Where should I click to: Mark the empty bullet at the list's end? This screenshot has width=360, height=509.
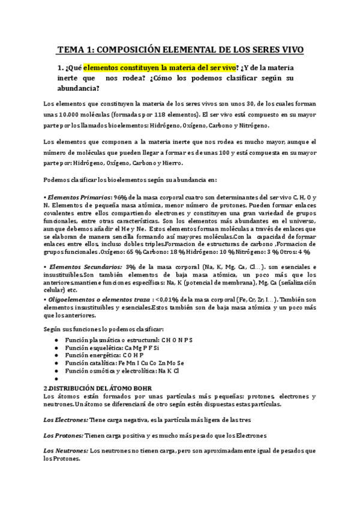pos(55,379)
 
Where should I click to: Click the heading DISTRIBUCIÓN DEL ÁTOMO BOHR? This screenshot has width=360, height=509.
pos(104,388)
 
